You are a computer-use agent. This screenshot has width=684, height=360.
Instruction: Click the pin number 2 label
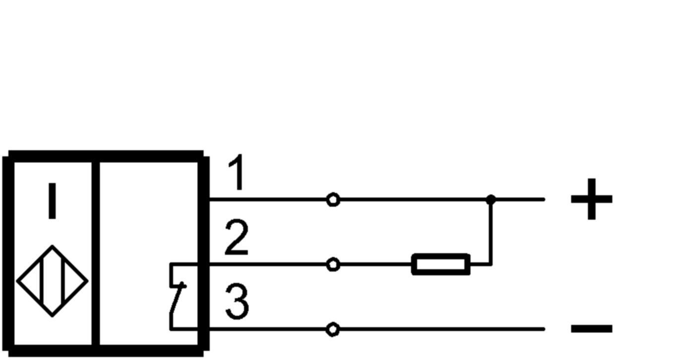pos(236,239)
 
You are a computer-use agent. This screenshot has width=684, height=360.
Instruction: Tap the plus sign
pos(591,199)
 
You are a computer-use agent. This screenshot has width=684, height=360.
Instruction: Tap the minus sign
pos(591,328)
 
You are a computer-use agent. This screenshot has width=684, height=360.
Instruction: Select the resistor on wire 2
pos(441,264)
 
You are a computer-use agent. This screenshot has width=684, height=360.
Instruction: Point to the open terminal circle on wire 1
pos(334,200)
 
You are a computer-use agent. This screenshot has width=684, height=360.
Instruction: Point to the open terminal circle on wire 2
pos(334,265)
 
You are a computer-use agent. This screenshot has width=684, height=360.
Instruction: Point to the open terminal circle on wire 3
pos(334,329)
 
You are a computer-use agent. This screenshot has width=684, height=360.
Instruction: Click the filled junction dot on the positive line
pos(491,200)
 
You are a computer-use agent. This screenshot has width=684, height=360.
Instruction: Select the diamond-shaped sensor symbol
pos(52,281)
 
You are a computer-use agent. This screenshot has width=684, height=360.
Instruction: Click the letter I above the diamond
pos(52,201)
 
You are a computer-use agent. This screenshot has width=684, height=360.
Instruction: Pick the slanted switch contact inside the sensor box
pos(177,299)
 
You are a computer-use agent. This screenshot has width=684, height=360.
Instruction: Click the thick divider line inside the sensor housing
pos(96,253)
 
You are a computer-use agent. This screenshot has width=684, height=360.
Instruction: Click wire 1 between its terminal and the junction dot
pos(411,200)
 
